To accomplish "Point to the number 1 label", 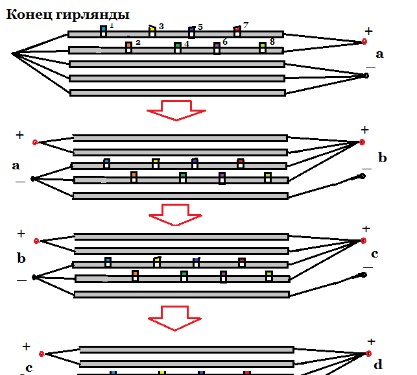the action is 112,25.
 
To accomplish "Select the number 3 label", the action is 161,27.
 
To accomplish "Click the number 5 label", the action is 200,27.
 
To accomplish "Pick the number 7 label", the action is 246,25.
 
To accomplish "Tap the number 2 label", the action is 137,43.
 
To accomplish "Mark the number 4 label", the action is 186,43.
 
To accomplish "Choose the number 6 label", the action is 225,42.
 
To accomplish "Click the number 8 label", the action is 272,42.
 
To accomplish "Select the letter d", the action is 378,364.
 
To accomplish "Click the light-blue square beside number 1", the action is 104,29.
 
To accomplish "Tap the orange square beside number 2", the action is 128,45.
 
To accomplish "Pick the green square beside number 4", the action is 178,45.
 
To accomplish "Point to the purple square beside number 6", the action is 217,45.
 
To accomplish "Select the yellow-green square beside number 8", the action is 263,45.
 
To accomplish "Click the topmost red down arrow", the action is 176,110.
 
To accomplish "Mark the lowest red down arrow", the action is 174,319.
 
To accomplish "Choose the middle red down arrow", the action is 176,215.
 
